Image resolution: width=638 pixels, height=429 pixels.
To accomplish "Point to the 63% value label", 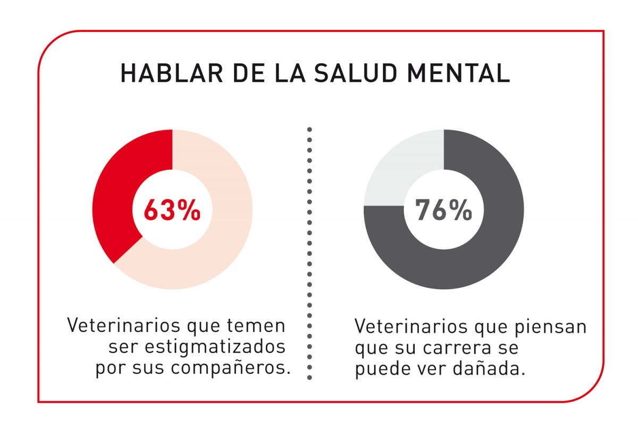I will [x=172, y=210].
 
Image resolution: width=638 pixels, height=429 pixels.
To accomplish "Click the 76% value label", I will [x=443, y=210].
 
